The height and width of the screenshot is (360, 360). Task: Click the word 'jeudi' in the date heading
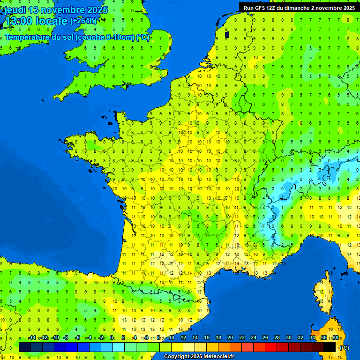click(15, 10)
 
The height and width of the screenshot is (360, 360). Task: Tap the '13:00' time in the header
click(19, 21)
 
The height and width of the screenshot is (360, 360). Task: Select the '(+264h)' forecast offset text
click(83, 21)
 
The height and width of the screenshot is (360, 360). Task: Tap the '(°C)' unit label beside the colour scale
click(344, 347)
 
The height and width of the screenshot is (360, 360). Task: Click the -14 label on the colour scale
click(32, 338)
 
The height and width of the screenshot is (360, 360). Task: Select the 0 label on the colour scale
click(112, 338)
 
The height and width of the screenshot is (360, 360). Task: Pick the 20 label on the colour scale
click(230, 338)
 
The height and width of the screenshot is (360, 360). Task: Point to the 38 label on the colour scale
click(335, 338)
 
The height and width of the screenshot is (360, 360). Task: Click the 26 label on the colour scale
click(265, 338)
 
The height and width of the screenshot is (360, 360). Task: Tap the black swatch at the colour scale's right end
click(330, 347)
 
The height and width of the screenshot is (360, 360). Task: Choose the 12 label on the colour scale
click(183, 338)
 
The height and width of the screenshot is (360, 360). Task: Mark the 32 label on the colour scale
click(300, 338)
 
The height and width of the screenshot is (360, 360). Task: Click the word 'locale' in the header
click(51, 21)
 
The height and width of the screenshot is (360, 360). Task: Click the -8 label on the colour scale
click(66, 338)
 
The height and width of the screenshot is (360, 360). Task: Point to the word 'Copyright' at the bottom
click(177, 357)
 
